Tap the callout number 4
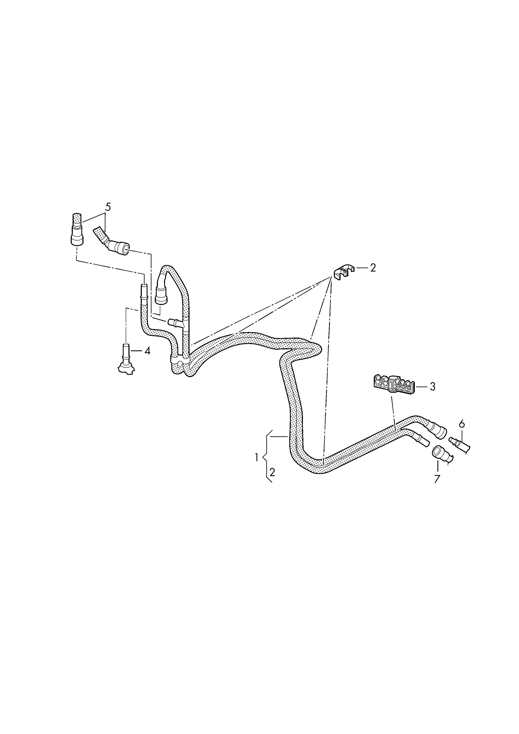pyautogui.click(x=147, y=351)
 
